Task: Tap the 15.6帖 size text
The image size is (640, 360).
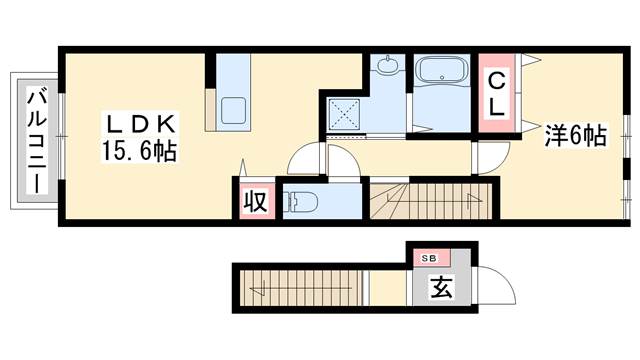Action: click(139, 152)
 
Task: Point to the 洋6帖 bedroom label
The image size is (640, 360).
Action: click(575, 136)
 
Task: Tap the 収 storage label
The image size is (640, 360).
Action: click(254, 202)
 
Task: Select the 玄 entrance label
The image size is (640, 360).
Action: click(440, 287)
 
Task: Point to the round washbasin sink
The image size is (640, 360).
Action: click(386, 67)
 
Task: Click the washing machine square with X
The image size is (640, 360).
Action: click(346, 115)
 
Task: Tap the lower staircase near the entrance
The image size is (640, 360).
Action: click(300, 289)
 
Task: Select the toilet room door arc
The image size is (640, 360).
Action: click(304, 158)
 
